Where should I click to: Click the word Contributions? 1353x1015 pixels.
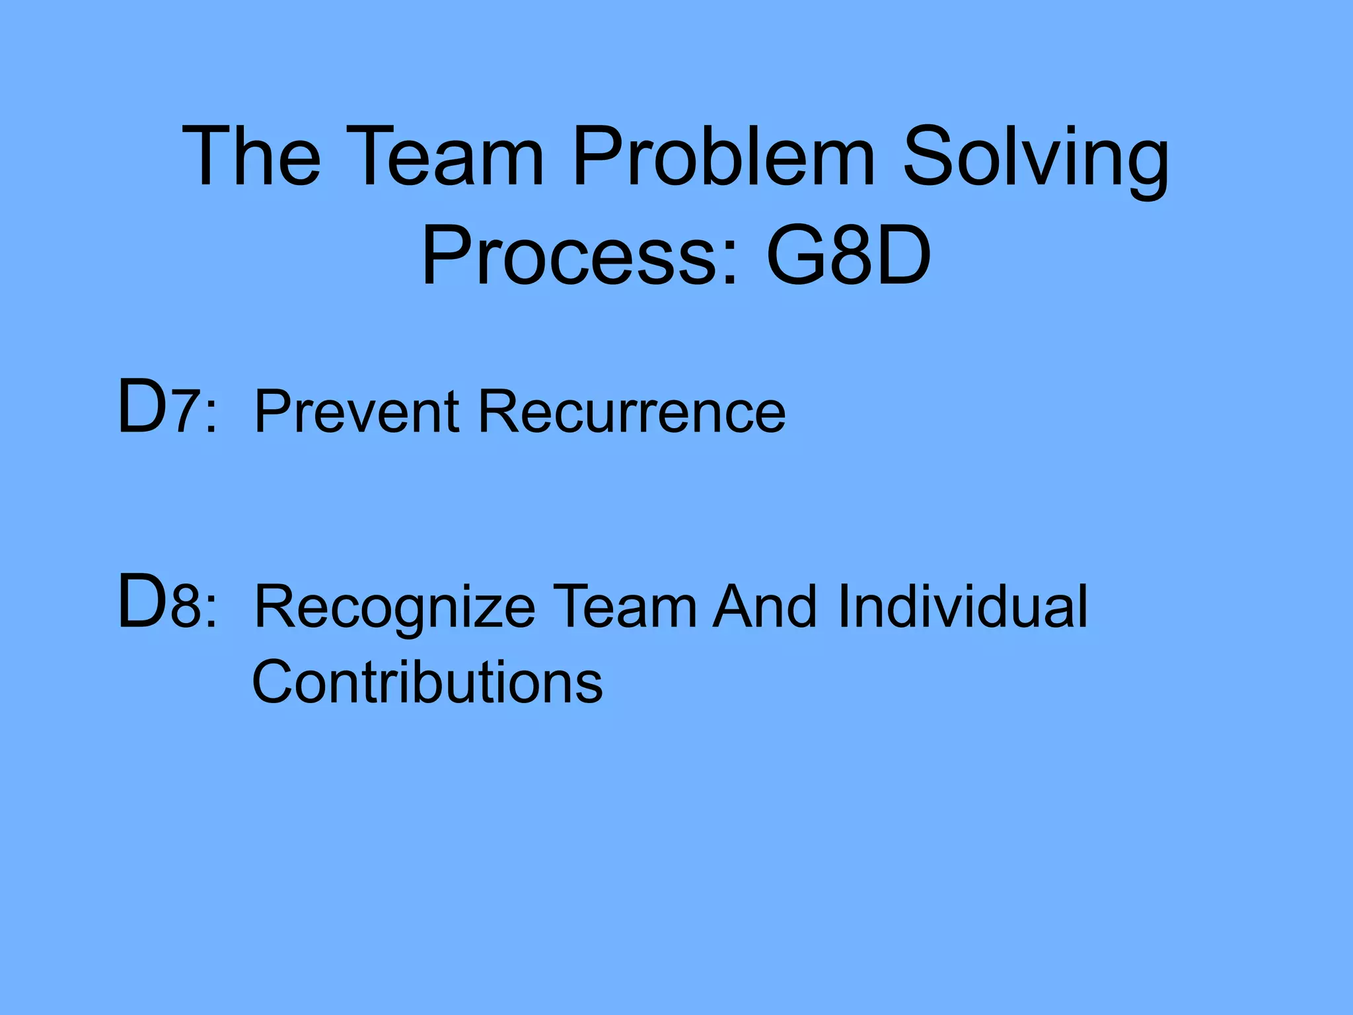(427, 682)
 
